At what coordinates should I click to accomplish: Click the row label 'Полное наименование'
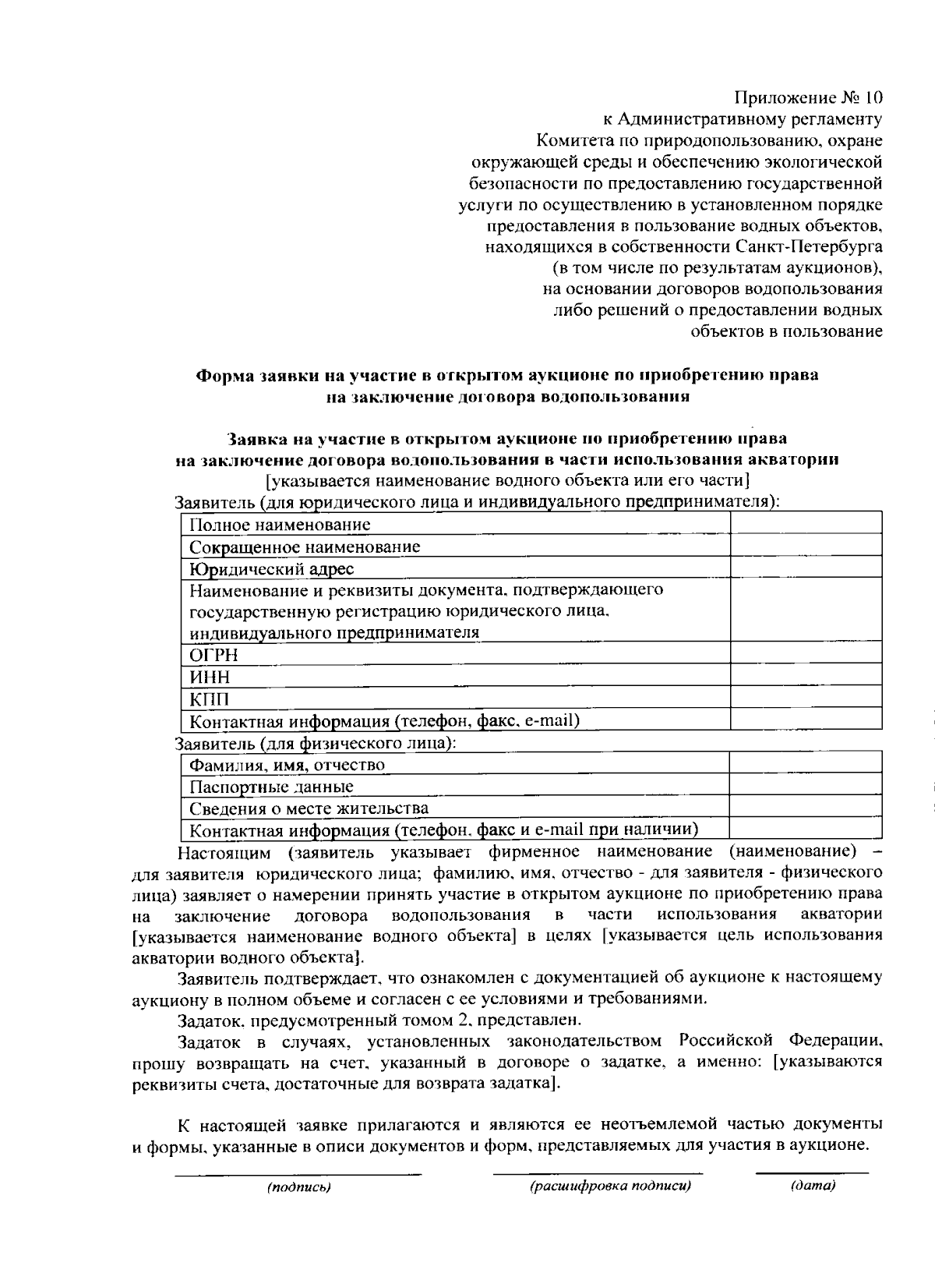280,525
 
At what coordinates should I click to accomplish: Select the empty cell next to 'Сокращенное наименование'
806,546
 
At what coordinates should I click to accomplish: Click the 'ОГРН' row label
214,654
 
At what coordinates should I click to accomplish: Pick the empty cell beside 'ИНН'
806,676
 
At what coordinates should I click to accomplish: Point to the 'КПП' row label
210,699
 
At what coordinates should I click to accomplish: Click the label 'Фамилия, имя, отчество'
288,765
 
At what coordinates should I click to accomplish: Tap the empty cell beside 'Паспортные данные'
806,786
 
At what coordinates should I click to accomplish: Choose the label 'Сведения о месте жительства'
309,808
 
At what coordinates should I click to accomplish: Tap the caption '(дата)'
813,1187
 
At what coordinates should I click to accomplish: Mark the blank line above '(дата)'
812,1173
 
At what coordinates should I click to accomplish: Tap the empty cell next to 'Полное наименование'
806,524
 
